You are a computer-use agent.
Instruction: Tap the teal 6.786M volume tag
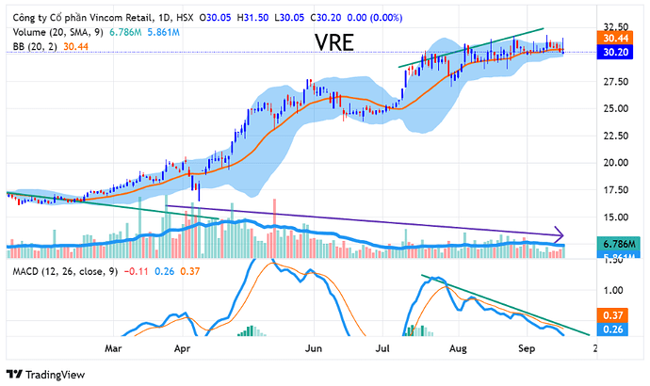click(617, 244)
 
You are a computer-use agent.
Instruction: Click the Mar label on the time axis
click(114, 348)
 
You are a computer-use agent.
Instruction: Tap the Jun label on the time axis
click(315, 348)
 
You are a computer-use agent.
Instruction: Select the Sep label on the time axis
click(526, 348)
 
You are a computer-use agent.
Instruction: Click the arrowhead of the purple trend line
click(560, 234)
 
